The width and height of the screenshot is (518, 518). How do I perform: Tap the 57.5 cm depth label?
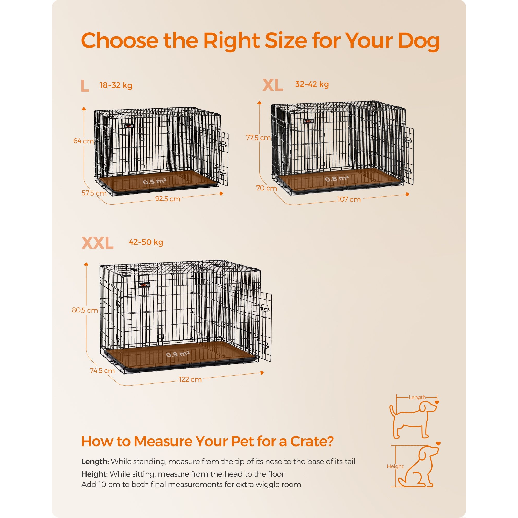tap(94, 193)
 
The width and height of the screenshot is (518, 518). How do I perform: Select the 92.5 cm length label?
tap(168, 199)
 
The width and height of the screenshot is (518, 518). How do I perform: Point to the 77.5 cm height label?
tap(258, 138)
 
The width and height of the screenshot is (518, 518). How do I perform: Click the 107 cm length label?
tap(349, 199)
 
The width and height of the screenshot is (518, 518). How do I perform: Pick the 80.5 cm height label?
tap(85, 310)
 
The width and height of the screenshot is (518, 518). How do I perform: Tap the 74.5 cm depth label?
tap(102, 371)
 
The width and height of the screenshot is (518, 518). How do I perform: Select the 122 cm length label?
tap(190, 379)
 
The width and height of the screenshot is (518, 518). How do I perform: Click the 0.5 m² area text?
tap(154, 182)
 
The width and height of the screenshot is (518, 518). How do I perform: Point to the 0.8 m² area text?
tap(337, 178)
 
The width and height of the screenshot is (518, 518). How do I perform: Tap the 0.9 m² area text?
tap(177, 355)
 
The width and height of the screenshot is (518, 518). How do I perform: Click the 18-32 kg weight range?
tap(116, 85)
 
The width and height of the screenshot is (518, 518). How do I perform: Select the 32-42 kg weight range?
tap(312, 84)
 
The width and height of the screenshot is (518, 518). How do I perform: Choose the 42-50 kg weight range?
tap(146, 242)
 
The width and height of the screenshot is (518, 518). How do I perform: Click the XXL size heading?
tap(98, 243)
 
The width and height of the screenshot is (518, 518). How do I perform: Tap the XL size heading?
tap(273, 85)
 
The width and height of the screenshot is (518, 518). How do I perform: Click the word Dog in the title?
tap(419, 41)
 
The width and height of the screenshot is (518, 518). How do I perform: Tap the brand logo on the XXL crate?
tap(144, 285)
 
